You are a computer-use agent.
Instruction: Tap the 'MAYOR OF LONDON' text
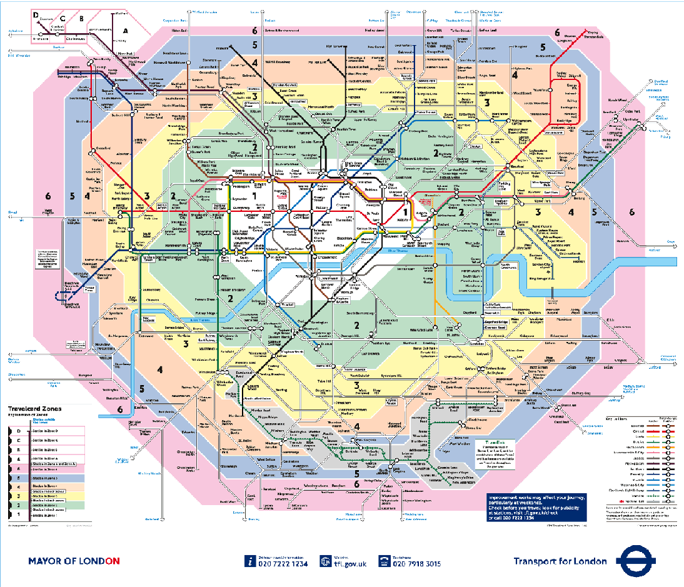point(73,561)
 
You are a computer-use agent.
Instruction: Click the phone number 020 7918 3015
point(417,564)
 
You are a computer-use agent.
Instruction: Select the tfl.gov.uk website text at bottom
point(346,564)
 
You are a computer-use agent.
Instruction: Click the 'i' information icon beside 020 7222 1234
point(250,561)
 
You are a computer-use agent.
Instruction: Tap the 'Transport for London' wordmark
point(560,561)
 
